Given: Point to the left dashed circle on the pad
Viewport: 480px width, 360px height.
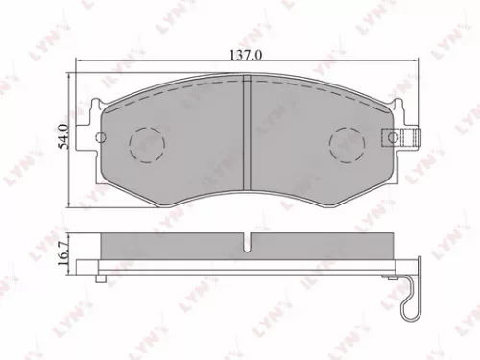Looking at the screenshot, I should tap(146, 143).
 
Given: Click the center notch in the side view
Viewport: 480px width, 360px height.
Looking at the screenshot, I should tap(249, 242).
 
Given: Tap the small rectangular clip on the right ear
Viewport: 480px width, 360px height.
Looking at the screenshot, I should tap(396, 137).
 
